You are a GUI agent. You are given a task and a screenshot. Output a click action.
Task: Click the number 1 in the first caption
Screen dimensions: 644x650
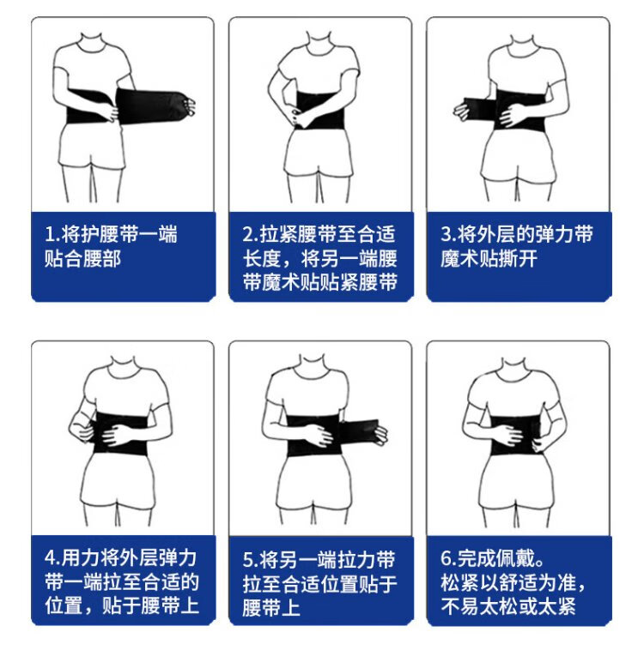coord(50,235)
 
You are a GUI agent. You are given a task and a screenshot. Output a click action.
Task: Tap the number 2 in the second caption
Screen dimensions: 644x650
coord(248,235)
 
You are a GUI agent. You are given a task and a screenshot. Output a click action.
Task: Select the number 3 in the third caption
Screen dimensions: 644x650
coord(446,235)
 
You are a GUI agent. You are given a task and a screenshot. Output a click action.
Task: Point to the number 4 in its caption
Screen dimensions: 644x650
coord(51,558)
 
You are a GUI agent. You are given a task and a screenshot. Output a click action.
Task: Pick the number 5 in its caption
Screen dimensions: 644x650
coord(248,561)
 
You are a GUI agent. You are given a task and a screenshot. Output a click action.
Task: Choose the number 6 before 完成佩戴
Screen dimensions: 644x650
coord(446,558)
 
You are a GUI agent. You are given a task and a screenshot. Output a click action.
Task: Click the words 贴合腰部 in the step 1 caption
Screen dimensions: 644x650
coord(82,259)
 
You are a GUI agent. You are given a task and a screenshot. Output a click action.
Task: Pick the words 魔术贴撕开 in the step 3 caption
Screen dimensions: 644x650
coord(489,259)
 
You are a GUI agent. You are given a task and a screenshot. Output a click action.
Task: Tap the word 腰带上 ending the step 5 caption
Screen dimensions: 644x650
coord(271,608)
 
